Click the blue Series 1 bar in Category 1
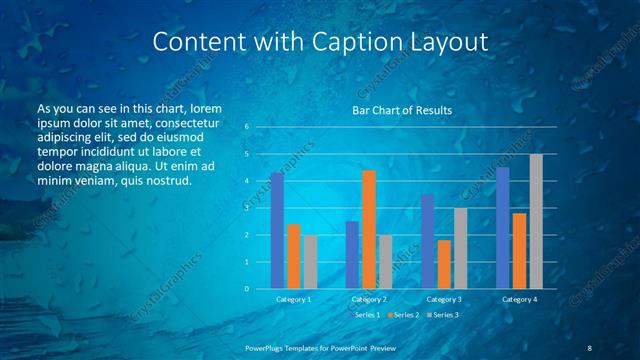(x=277, y=231)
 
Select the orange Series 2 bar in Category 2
(x=369, y=229)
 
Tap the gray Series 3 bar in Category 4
(x=536, y=221)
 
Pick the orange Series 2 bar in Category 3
(x=444, y=264)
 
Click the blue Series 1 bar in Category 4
(x=502, y=228)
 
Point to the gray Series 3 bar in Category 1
(x=310, y=262)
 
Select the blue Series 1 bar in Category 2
(x=352, y=255)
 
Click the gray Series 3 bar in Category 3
(x=460, y=248)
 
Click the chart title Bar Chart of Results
(x=402, y=110)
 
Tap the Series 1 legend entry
(x=365, y=315)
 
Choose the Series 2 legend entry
(x=403, y=315)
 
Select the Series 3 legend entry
(x=441, y=315)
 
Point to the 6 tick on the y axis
(x=246, y=127)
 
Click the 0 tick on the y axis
(x=246, y=289)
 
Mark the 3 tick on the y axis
(x=246, y=208)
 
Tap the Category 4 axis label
(x=519, y=299)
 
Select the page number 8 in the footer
(x=590, y=347)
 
